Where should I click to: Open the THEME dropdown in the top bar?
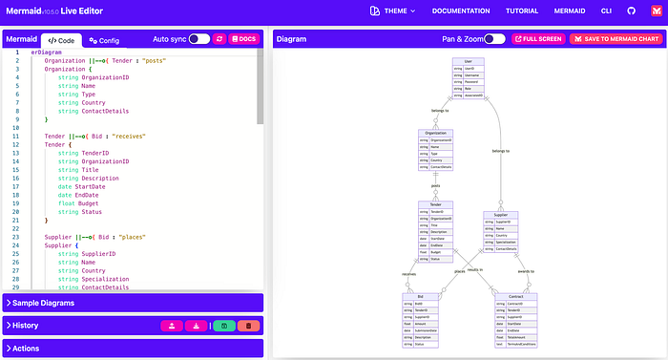[392, 11]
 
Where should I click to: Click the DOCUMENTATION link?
[468, 11]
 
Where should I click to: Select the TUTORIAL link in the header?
[521, 11]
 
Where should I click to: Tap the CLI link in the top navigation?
[606, 11]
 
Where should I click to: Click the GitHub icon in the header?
[630, 11]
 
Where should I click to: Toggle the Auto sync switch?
[198, 39]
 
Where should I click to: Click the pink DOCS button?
[243, 39]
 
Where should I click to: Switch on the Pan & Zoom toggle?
[494, 39]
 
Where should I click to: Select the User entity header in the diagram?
[468, 61]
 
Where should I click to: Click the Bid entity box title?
[420, 297]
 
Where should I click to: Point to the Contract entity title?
[515, 297]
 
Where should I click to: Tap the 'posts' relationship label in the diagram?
[435, 186]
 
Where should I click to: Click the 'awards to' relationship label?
[526, 271]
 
